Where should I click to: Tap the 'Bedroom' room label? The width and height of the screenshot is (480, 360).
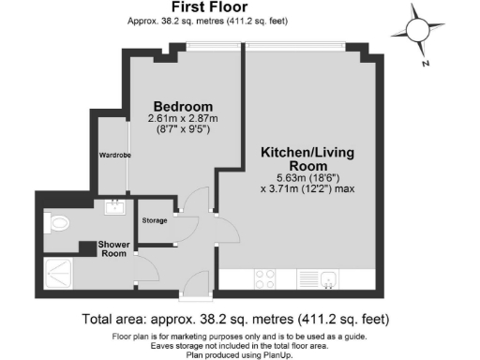coord(183,105)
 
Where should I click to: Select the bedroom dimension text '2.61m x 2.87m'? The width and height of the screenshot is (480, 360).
coord(183,118)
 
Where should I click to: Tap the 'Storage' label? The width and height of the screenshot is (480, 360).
coord(155,220)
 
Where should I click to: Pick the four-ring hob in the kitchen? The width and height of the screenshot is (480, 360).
coord(265,277)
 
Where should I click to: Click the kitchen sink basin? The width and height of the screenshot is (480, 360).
coord(329,277)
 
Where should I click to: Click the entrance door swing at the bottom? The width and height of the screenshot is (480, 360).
coord(195,280)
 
